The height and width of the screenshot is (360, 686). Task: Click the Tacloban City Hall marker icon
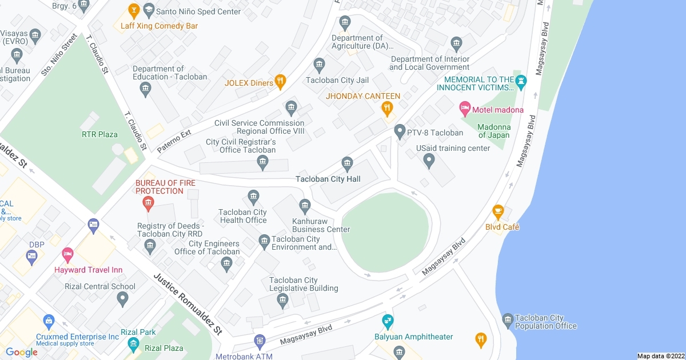coord(346,164)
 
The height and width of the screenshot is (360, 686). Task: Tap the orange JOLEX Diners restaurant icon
coord(280,82)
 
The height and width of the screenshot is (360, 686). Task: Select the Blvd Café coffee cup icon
coord(497,212)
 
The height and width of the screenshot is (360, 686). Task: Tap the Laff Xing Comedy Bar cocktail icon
coord(134,11)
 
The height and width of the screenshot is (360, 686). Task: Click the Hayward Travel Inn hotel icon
coord(68,254)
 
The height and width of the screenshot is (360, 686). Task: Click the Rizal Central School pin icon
coord(122,298)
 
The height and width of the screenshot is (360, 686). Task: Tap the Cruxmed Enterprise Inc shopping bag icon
coord(49,321)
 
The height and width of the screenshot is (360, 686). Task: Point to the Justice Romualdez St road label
coord(187,303)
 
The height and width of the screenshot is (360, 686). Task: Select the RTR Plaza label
coord(99,135)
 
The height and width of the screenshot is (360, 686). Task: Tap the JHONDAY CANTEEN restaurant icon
coord(387,108)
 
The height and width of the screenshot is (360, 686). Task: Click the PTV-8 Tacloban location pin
coord(400,132)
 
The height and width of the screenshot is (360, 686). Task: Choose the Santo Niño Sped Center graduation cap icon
coord(149,10)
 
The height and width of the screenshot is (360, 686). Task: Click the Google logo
coord(22,352)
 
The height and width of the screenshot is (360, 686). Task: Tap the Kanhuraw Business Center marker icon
coord(305,205)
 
